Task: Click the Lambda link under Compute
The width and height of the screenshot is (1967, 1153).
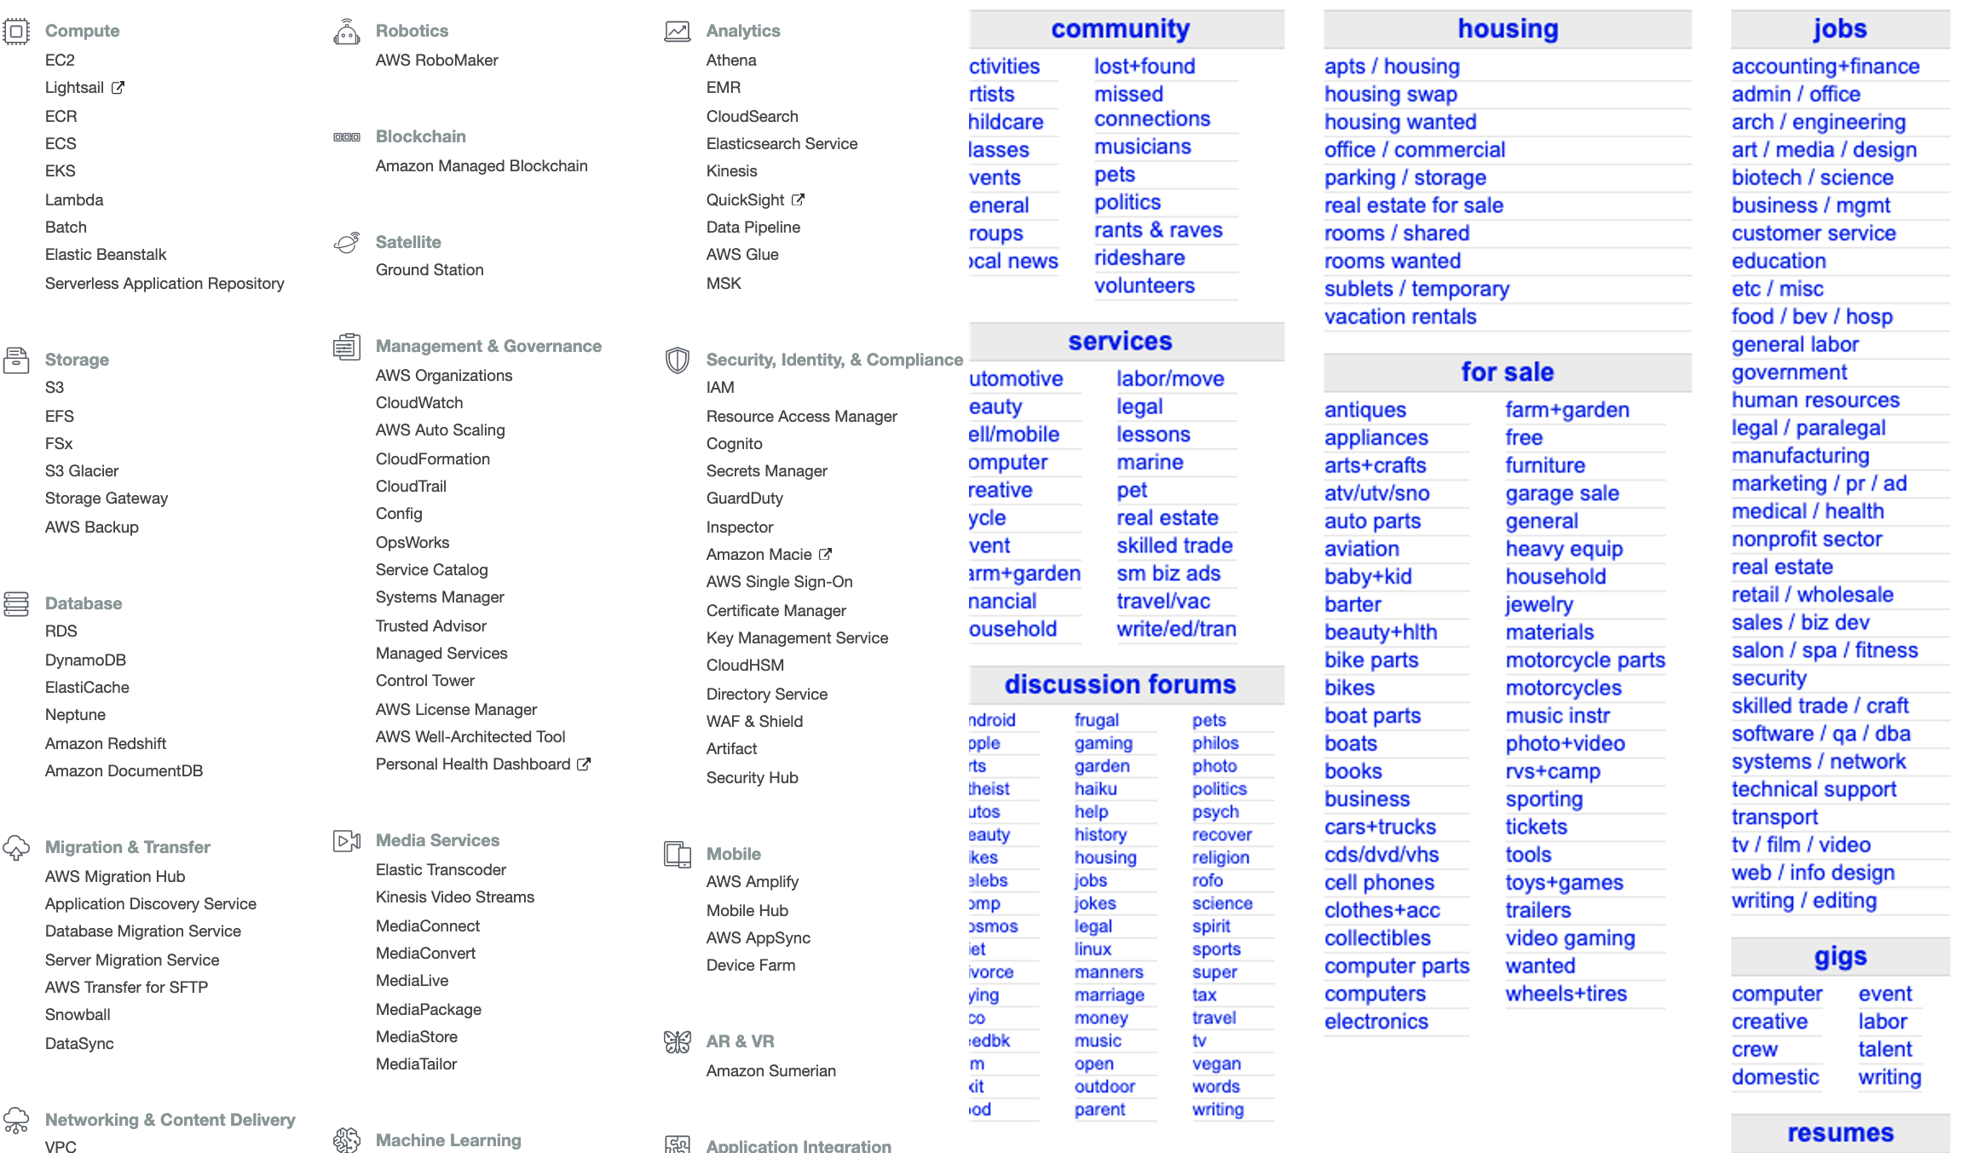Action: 74,199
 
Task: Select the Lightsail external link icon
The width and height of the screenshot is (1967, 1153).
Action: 118,88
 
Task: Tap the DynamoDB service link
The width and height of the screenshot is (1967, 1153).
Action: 85,660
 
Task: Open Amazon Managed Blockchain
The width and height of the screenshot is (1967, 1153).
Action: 482,165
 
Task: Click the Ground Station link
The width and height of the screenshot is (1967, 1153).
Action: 430,269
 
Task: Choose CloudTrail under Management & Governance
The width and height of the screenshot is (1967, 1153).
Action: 411,486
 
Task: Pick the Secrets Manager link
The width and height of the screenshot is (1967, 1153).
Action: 766,470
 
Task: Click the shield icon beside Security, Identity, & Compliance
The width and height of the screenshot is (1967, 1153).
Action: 678,360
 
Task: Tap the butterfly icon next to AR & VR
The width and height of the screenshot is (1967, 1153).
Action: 678,1041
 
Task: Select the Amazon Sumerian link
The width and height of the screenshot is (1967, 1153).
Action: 770,1070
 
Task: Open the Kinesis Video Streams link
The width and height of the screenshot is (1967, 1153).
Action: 455,896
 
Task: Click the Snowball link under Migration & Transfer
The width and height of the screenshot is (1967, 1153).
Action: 78,1014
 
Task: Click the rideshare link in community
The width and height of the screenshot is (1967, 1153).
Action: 1139,258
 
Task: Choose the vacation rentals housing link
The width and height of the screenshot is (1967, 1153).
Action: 1400,317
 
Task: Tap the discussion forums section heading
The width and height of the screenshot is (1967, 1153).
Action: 1120,684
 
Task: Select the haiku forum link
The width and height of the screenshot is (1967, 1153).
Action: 1095,789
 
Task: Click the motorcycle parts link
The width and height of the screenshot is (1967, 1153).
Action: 1585,660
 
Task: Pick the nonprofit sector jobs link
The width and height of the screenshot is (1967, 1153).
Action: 1807,539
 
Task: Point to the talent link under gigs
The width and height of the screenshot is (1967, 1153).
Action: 1885,1049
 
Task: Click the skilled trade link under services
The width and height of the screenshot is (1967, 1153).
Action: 1174,545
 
